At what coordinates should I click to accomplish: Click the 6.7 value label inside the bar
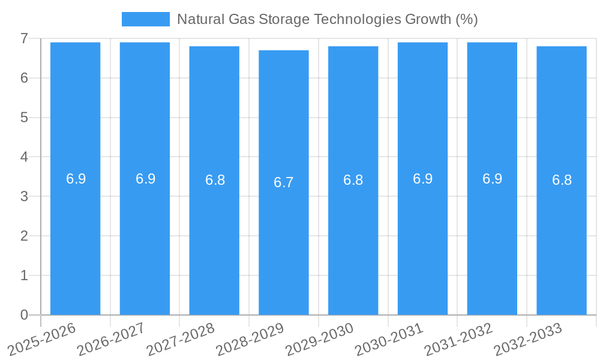(284, 182)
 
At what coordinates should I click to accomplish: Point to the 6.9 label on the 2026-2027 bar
(145, 179)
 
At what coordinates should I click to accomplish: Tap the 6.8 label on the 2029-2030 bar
(353, 180)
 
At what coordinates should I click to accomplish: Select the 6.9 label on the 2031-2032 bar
(492, 179)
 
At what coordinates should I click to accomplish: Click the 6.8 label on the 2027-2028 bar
(215, 180)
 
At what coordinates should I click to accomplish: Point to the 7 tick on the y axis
(24, 38)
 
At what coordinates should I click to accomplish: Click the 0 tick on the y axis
(24, 315)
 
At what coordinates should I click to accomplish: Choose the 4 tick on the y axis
(24, 157)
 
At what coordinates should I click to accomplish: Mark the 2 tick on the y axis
(24, 236)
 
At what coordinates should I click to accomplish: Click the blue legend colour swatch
(146, 19)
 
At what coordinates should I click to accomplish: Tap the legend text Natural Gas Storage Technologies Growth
(327, 19)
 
